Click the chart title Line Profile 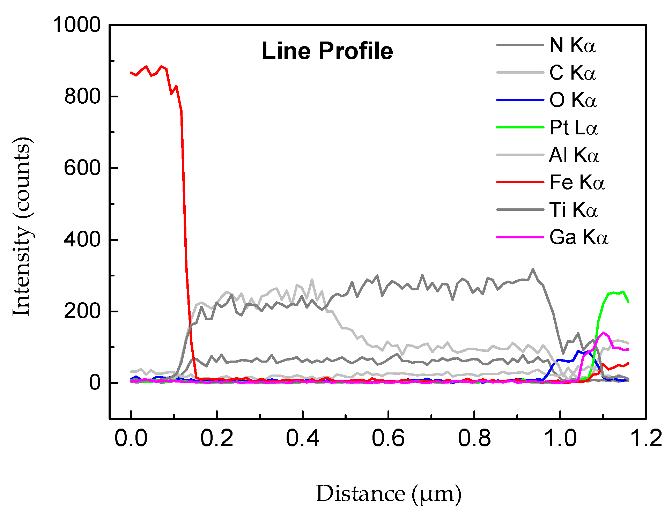tap(327, 51)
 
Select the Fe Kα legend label tap(577, 182)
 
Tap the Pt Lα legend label tap(573, 127)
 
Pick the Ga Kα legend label tap(578, 237)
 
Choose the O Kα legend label tap(573, 100)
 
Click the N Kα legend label tap(573, 45)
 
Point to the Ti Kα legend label tap(573, 210)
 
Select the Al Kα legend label tap(574, 155)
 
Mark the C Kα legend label tap(573, 73)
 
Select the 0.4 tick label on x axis tap(302, 438)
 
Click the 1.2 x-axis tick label tap(646, 438)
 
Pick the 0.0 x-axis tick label tap(131, 438)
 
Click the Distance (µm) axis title tap(389, 494)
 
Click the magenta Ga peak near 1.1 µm tap(603, 333)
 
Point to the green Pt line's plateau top tap(616, 292)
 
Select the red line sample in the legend tap(520, 182)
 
